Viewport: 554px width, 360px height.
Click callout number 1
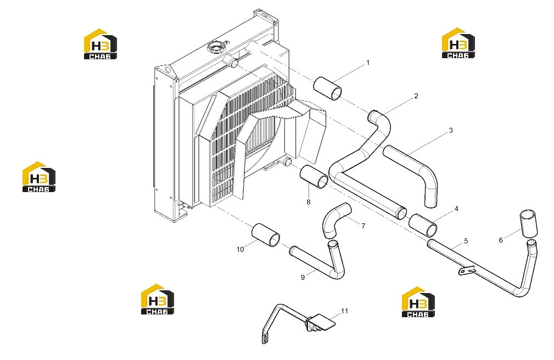pyautogui.click(x=368, y=63)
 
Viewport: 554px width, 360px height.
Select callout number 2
pyautogui.click(x=416, y=95)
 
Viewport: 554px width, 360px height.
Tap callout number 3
pyautogui.click(x=451, y=131)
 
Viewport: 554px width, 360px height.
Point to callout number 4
pyautogui.click(x=456, y=209)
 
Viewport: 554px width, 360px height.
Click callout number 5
pyautogui.click(x=466, y=241)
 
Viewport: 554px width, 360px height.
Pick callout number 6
pyautogui.click(x=501, y=240)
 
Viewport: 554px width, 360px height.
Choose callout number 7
pyautogui.click(x=363, y=226)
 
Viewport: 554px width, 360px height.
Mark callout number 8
pyautogui.click(x=309, y=202)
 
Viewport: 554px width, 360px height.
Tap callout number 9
pyautogui.click(x=303, y=277)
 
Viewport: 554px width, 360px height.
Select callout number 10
pyautogui.click(x=240, y=250)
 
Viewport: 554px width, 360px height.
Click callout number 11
pyautogui.click(x=344, y=311)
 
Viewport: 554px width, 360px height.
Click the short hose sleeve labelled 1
pyautogui.click(x=328, y=88)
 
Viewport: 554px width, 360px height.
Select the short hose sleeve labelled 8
pyautogui.click(x=314, y=177)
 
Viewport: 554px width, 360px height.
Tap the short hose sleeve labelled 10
pyautogui.click(x=266, y=235)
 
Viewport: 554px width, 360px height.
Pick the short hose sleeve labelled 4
pyautogui.click(x=423, y=225)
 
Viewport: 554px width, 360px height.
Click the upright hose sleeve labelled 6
pyautogui.click(x=528, y=223)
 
